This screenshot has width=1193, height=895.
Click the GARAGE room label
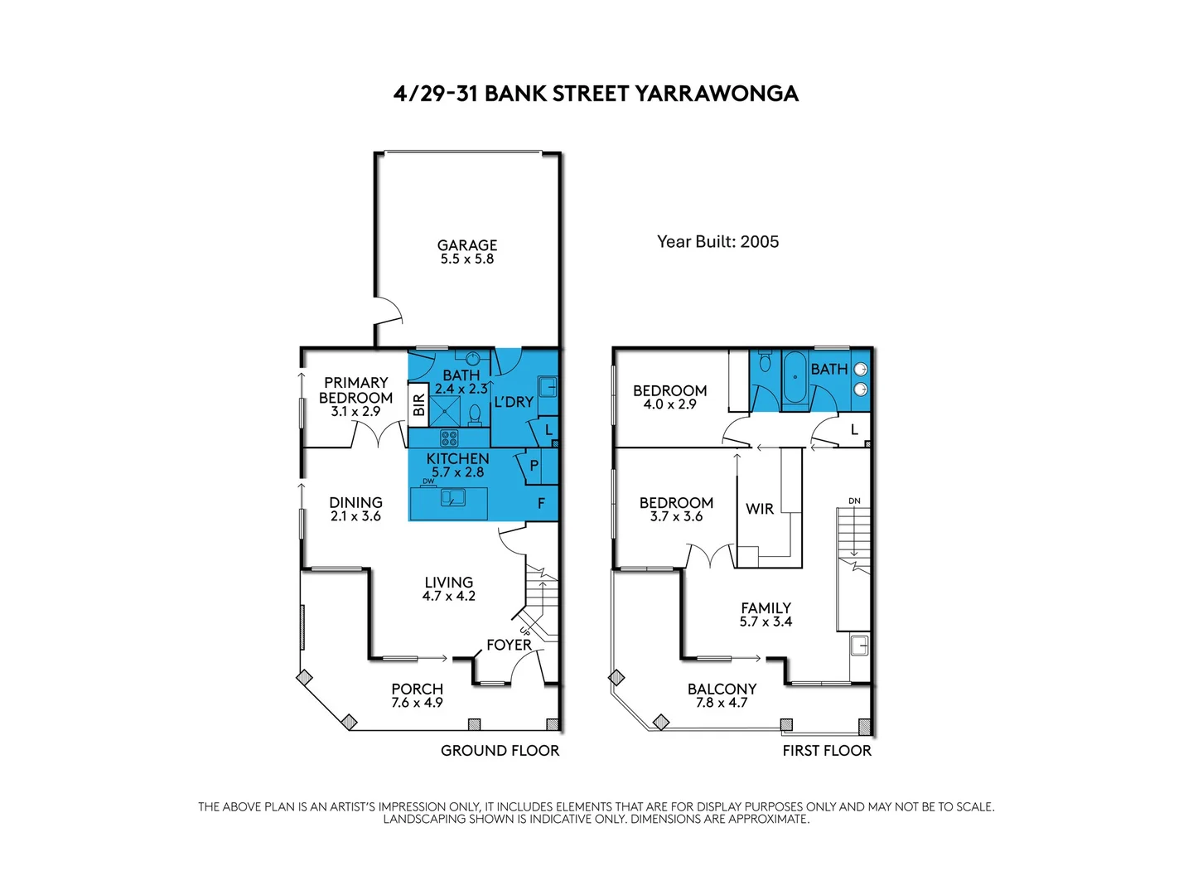click(467, 245)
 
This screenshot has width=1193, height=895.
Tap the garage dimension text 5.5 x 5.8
click(467, 259)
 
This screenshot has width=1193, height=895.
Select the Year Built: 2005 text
click(717, 242)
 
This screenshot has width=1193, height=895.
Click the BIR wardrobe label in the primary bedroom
click(418, 404)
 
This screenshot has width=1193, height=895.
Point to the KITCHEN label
click(457, 458)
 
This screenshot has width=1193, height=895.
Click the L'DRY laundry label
click(514, 402)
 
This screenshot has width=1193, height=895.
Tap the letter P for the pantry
click(534, 466)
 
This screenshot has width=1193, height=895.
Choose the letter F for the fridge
click(542, 503)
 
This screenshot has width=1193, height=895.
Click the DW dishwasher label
click(428, 481)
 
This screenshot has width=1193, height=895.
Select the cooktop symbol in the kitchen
click(449, 438)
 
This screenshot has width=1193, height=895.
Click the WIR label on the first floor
click(760, 509)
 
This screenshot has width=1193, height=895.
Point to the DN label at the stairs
click(854, 501)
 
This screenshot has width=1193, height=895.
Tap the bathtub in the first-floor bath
click(795, 378)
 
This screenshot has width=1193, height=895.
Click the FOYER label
click(509, 645)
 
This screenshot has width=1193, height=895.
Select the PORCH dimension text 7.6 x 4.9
click(417, 703)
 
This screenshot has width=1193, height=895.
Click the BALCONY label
click(722, 689)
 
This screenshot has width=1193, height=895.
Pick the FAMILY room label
click(766, 608)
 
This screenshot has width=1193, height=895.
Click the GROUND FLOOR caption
click(500, 751)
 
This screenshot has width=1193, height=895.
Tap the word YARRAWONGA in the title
click(717, 94)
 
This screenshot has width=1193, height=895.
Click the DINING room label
click(355, 502)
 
